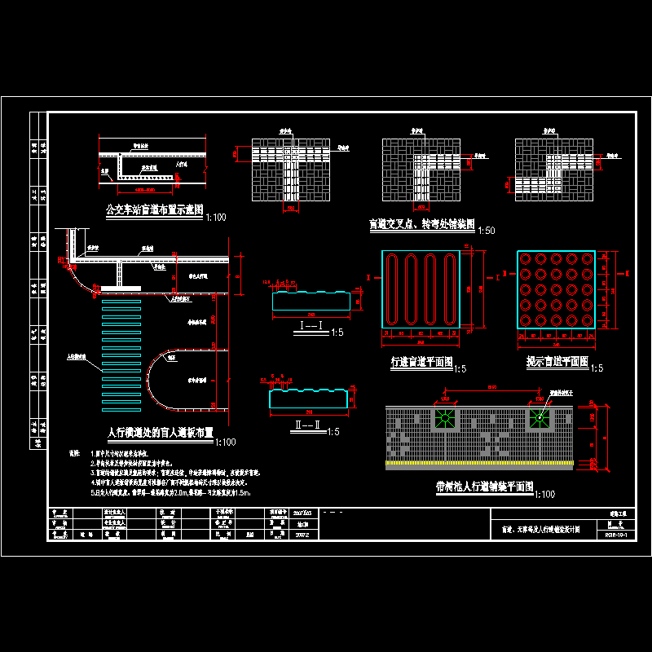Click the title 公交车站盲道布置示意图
(x=154, y=210)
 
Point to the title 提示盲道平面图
(x=557, y=361)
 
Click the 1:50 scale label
(x=487, y=231)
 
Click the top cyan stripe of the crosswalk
(x=120, y=302)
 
